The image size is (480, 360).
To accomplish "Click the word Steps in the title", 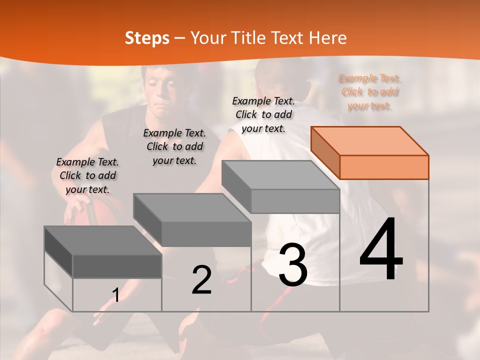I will click(x=147, y=38).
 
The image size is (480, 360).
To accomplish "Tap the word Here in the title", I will click(x=325, y=38).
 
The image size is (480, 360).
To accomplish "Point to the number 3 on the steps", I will click(x=293, y=265).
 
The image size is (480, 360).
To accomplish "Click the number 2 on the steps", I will click(x=201, y=280).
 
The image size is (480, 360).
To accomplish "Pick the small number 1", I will click(x=116, y=295).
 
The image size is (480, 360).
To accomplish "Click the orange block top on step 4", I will click(x=369, y=140).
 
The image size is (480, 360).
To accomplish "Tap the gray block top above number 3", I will click(x=280, y=175).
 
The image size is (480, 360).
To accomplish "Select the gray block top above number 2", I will click(x=192, y=207).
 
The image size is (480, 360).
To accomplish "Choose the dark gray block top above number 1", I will click(x=103, y=240).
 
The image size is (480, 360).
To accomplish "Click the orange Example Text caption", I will click(x=369, y=92).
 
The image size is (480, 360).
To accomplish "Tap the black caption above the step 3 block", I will click(x=263, y=114).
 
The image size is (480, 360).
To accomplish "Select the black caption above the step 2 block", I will click(x=174, y=146).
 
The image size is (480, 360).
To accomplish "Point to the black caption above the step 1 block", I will click(x=87, y=175).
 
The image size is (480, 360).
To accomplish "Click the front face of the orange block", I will click(x=384, y=167).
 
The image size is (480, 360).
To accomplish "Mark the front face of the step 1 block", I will click(x=117, y=266).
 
